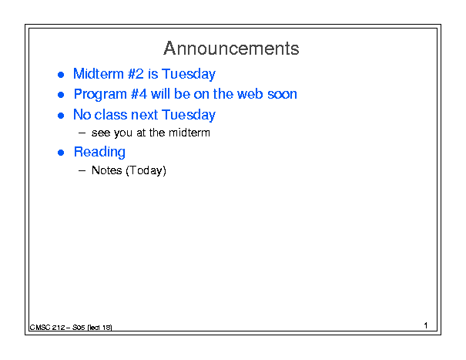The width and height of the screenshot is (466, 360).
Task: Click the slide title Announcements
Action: coord(231,49)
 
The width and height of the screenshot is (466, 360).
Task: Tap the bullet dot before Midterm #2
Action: coord(61,75)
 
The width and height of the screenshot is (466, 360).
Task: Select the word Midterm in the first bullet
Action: coord(99,73)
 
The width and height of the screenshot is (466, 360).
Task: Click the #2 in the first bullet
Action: coord(136,73)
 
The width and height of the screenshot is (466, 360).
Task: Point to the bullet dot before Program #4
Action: coord(61,95)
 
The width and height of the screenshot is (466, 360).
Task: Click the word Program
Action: coord(100,94)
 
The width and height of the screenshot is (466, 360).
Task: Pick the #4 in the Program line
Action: coord(139,94)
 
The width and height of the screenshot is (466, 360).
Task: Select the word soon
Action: coord(282,95)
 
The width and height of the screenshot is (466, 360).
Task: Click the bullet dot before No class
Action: coord(61,116)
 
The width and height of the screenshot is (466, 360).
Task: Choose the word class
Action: coord(111,115)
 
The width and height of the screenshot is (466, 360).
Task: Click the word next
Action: coord(144,115)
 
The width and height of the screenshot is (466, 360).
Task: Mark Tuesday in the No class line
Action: coord(189,115)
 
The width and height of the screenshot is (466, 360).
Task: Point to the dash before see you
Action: coord(82,133)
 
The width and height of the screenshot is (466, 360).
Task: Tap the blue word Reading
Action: coord(99,152)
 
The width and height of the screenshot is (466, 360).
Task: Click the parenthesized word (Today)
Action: coord(146,171)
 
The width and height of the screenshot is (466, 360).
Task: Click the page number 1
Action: coord(426,325)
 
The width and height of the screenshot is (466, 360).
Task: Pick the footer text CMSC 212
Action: coord(47,328)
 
